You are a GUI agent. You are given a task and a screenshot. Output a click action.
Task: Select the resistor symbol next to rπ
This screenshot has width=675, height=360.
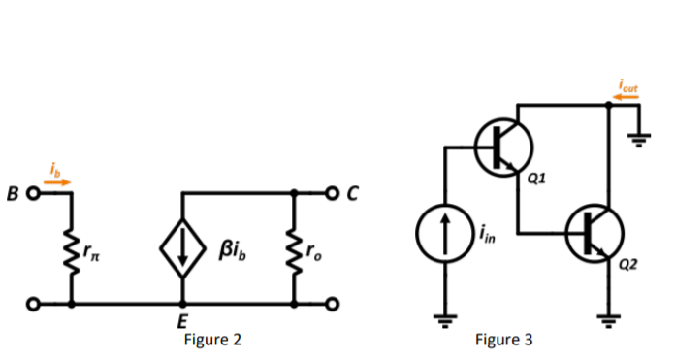(x=71, y=250)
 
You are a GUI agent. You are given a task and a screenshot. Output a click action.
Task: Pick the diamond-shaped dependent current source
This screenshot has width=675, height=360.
(x=182, y=250)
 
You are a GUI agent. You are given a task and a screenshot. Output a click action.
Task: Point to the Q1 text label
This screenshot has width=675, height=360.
(x=539, y=179)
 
